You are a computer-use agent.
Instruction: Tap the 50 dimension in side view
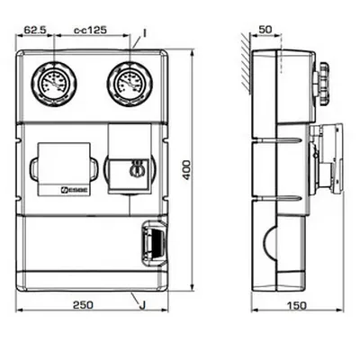(265, 29)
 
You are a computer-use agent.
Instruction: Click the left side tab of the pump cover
(33, 168)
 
